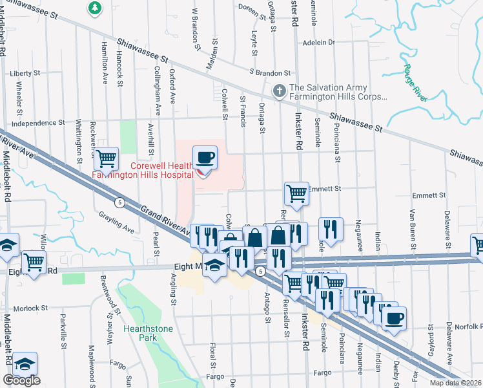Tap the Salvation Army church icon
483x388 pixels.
pos(280,91)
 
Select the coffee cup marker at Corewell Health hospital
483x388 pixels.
pos(205,158)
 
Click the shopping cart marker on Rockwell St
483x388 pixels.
pos(106,158)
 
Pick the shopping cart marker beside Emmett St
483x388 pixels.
pos(296,193)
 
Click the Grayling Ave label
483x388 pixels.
pos(116,222)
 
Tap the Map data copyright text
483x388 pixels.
pos(456,383)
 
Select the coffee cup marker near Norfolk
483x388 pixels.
pos(393,318)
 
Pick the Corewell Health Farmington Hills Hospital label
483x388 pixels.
pos(143,170)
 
